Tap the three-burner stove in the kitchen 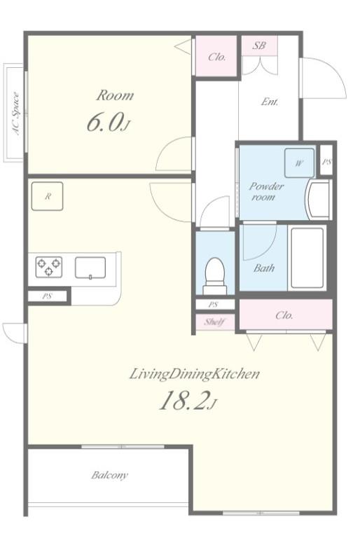click(49, 267)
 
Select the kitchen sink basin click(90, 268)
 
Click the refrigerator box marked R click(47, 196)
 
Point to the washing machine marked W click(299, 163)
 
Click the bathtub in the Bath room click(307, 258)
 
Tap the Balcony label click(109, 475)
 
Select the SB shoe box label click(259, 45)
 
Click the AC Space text click(16, 113)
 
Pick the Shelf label click(214, 322)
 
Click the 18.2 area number click(188, 401)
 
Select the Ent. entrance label click(270, 102)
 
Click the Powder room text click(266, 191)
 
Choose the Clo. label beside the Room click(217, 57)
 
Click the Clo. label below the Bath click(284, 315)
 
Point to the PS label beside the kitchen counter click(47, 296)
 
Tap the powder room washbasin click(319, 200)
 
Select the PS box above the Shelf click(215, 304)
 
